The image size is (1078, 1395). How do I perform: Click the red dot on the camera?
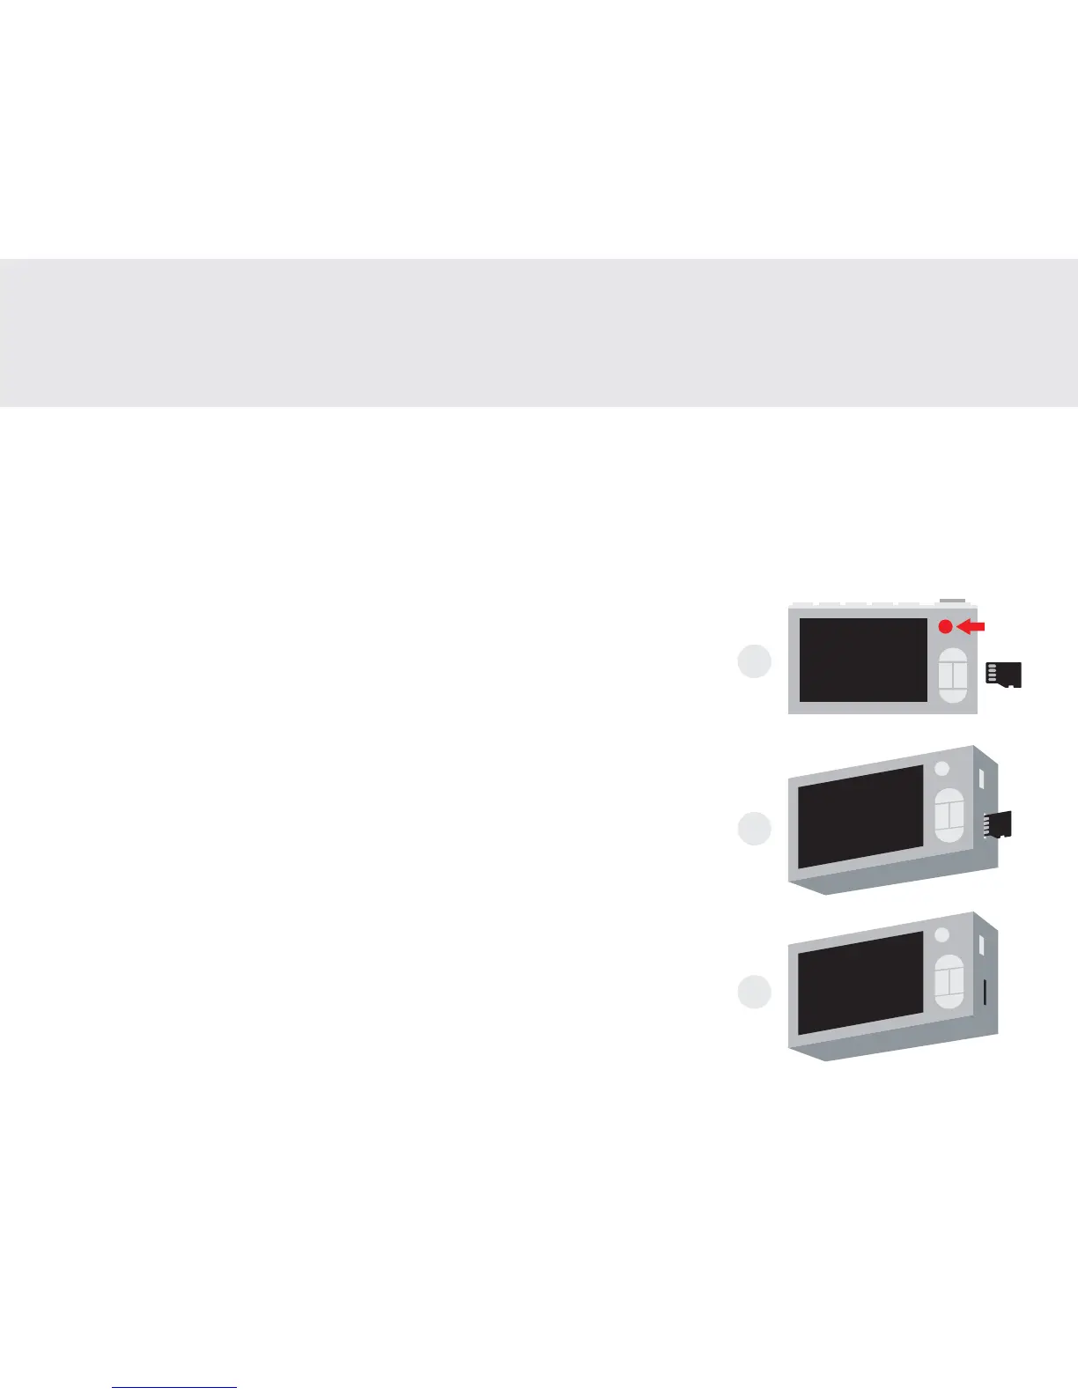pyautogui.click(x=945, y=627)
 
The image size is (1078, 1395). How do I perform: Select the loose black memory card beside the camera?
pyautogui.click(x=1004, y=675)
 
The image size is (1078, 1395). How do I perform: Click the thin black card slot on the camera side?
pyautogui.click(x=984, y=992)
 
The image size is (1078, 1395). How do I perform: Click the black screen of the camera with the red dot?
pyautogui.click(x=863, y=661)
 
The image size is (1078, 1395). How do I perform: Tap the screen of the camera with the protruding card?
pyautogui.click(x=860, y=816)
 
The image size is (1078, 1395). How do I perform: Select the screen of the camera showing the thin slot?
pyautogui.click(x=860, y=982)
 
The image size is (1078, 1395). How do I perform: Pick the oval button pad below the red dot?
pyautogui.click(x=953, y=675)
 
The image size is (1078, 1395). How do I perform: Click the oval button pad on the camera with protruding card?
pyautogui.click(x=949, y=815)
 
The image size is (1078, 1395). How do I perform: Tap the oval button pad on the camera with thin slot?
pyautogui.click(x=949, y=981)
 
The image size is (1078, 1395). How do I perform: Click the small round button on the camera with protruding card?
pyautogui.click(x=941, y=768)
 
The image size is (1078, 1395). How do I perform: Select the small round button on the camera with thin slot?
pyautogui.click(x=941, y=934)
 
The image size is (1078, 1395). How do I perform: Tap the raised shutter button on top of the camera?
pyautogui.click(x=951, y=601)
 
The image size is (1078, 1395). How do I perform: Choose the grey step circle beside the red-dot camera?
pyautogui.click(x=754, y=662)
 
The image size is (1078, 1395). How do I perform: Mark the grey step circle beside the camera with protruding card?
pyautogui.click(x=754, y=829)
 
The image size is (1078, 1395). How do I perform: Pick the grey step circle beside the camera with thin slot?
pyautogui.click(x=754, y=993)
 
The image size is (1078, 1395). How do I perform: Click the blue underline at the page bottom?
pyautogui.click(x=174, y=1388)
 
